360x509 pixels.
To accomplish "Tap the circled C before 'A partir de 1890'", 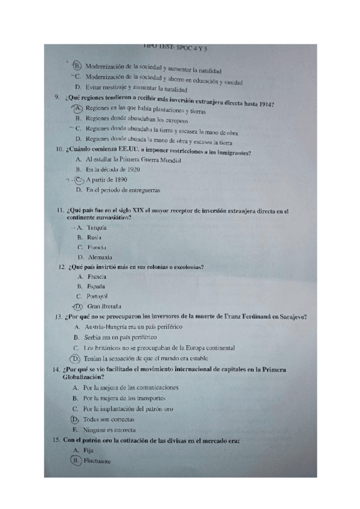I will pyautogui.click(x=79, y=179).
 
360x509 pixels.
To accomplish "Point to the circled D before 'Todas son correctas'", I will pyautogui.click(x=75, y=419).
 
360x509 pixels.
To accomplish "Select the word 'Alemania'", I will pyautogui.click(x=100, y=257).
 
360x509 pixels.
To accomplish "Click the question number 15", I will pyautogui.click(x=56, y=441).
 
